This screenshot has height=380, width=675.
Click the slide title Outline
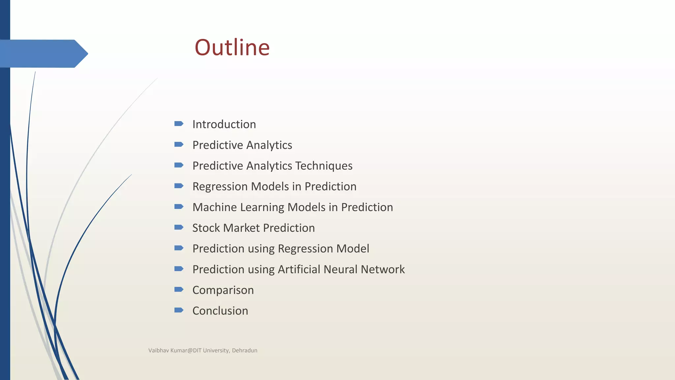coord(232,47)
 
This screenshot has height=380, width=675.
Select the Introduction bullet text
coord(224,124)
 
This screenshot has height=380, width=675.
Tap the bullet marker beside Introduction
coord(179,124)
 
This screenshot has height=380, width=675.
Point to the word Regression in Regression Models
coord(220,187)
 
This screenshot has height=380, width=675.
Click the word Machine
coord(215,207)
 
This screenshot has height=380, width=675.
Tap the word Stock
coord(206,228)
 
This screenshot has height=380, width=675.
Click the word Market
coord(242,228)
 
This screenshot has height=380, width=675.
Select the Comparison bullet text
coord(223,290)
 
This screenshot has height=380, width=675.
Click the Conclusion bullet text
coord(220,311)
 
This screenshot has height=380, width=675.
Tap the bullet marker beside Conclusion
coord(179,310)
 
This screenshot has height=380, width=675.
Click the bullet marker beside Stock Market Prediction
coord(179,227)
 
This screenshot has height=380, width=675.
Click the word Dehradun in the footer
coord(245,350)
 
